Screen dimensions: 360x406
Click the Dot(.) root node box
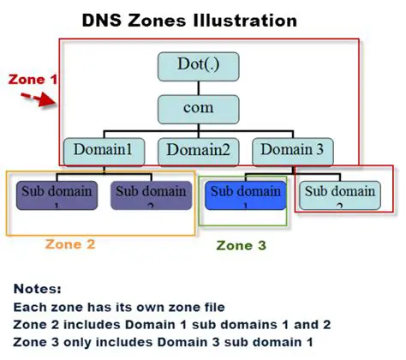pyautogui.click(x=197, y=67)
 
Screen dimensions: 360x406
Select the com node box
pyautogui.click(x=197, y=109)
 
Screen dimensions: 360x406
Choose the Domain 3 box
pyautogui.click(x=293, y=150)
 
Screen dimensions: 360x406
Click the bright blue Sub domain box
pyautogui.click(x=245, y=195)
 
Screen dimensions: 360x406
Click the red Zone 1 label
pyautogui.click(x=32, y=79)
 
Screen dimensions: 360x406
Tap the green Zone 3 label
pyautogui.click(x=241, y=245)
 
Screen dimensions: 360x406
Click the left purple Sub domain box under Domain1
pyautogui.click(x=56, y=195)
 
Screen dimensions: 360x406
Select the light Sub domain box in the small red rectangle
pyautogui.click(x=340, y=195)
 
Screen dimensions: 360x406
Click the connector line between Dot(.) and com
pyautogui.click(x=197, y=87)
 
